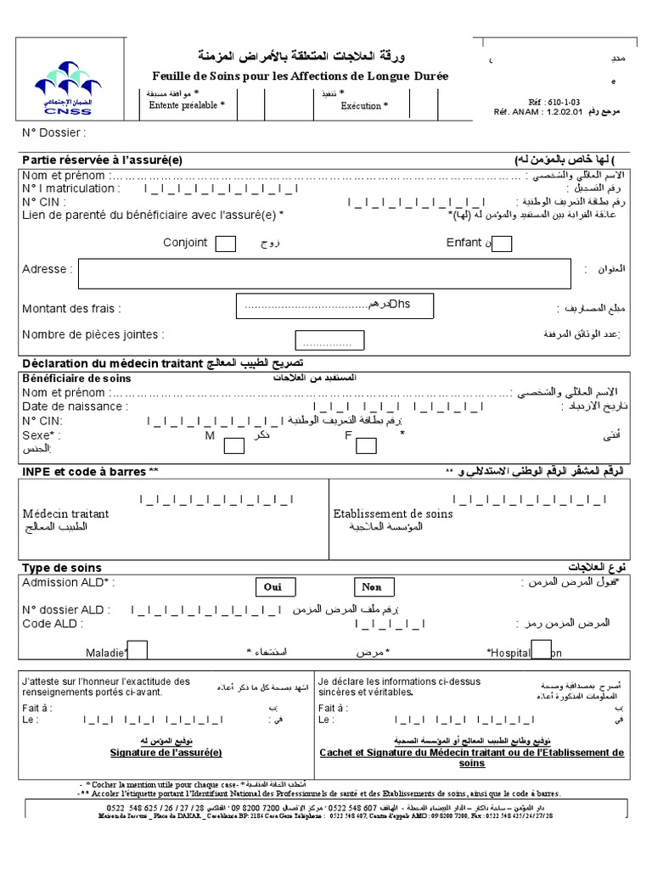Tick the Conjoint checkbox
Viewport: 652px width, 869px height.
point(226,244)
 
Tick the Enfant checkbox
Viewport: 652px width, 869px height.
point(502,244)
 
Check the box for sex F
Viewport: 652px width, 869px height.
point(366,445)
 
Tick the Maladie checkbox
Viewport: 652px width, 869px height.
point(137,650)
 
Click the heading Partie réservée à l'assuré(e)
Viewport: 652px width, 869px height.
point(102,160)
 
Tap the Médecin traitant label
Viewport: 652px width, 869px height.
point(65,513)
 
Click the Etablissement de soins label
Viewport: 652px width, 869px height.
point(393,513)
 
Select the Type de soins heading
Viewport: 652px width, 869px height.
point(61,568)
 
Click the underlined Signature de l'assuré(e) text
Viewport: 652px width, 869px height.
point(166,752)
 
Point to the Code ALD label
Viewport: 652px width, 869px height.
point(53,624)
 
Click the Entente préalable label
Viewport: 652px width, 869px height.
point(187,106)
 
